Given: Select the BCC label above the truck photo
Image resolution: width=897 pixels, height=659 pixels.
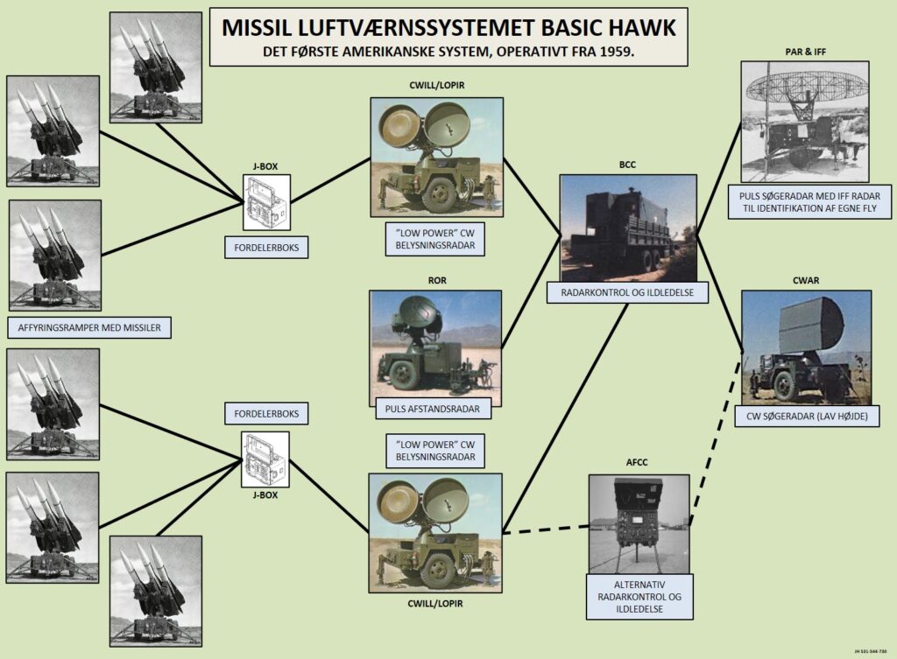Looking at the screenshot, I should (x=627, y=164).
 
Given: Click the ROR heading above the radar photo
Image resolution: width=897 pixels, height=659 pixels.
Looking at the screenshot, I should (x=435, y=281).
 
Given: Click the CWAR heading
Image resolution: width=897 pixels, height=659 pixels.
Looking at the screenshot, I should (x=806, y=280).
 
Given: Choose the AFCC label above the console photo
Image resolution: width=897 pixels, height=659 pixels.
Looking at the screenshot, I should (x=639, y=465).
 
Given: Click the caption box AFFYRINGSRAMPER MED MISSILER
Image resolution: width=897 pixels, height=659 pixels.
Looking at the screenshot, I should (x=88, y=329).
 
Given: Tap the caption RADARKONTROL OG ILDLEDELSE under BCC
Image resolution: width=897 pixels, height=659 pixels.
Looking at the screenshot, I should (x=628, y=293).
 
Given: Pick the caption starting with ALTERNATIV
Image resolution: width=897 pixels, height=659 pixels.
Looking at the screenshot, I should (x=639, y=598).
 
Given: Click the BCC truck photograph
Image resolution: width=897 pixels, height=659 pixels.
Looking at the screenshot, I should (x=627, y=228).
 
